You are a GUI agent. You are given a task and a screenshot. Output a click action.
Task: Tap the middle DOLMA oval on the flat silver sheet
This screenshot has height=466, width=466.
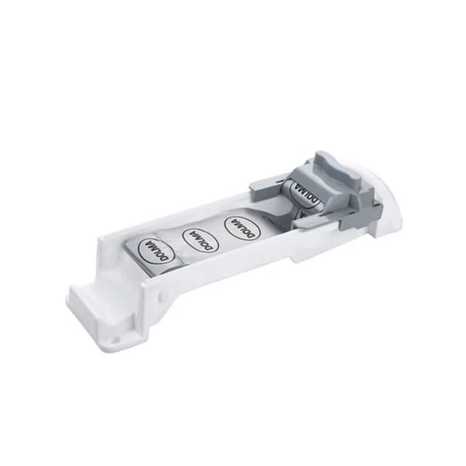(x=200, y=239)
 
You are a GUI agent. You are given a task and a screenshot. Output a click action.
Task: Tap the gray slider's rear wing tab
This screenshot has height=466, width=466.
(x=265, y=187)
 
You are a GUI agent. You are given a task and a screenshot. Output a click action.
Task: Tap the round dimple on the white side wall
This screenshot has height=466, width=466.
(x=161, y=296)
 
